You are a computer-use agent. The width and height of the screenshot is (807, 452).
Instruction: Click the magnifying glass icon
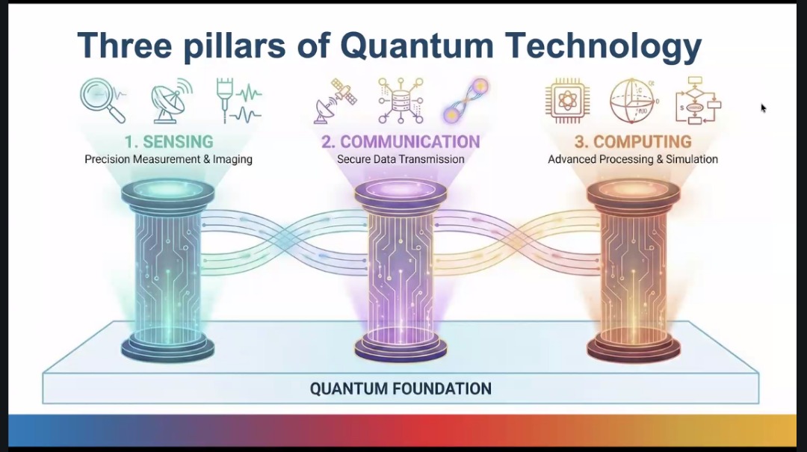click(x=102, y=100)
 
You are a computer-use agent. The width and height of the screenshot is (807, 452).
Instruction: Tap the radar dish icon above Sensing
click(x=171, y=101)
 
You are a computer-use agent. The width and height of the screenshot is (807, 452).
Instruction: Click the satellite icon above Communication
click(x=335, y=101)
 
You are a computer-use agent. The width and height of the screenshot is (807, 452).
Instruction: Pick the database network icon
click(x=401, y=101)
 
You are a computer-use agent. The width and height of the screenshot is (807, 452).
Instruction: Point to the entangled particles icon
click(x=466, y=101)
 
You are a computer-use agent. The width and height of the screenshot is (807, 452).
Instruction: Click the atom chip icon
click(x=567, y=101)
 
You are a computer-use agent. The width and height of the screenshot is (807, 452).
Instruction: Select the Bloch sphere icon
click(x=634, y=101)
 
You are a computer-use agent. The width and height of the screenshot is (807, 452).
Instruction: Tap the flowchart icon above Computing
click(x=698, y=101)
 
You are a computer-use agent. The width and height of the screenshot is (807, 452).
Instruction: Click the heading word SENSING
click(x=178, y=141)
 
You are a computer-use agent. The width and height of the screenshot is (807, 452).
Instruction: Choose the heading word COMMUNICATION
click(x=410, y=141)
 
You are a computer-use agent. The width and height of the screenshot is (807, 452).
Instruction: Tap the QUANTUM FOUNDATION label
click(x=401, y=388)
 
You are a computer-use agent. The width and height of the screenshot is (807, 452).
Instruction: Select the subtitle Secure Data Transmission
click(x=401, y=159)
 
